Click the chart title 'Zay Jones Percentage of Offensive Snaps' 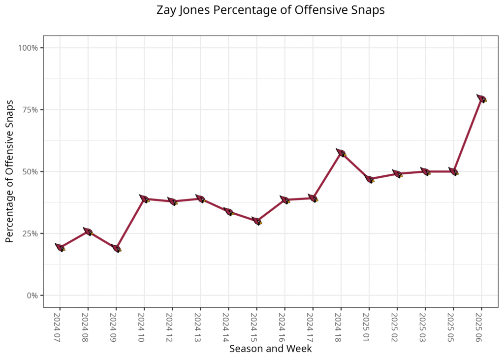click(x=270, y=10)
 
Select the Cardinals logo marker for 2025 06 click(x=481, y=98)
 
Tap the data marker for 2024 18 click(x=341, y=153)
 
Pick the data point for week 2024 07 click(x=60, y=248)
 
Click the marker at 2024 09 click(x=116, y=248)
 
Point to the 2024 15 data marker click(x=256, y=221)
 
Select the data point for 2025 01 click(x=369, y=179)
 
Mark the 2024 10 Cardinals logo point click(x=144, y=199)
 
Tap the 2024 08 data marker click(x=88, y=231)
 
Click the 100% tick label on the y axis click(x=28, y=48)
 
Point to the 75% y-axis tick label click(x=30, y=110)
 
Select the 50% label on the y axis click(x=30, y=172)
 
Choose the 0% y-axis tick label click(x=32, y=295)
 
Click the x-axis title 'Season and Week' click(x=270, y=349)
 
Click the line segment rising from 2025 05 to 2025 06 click(x=468, y=135)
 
